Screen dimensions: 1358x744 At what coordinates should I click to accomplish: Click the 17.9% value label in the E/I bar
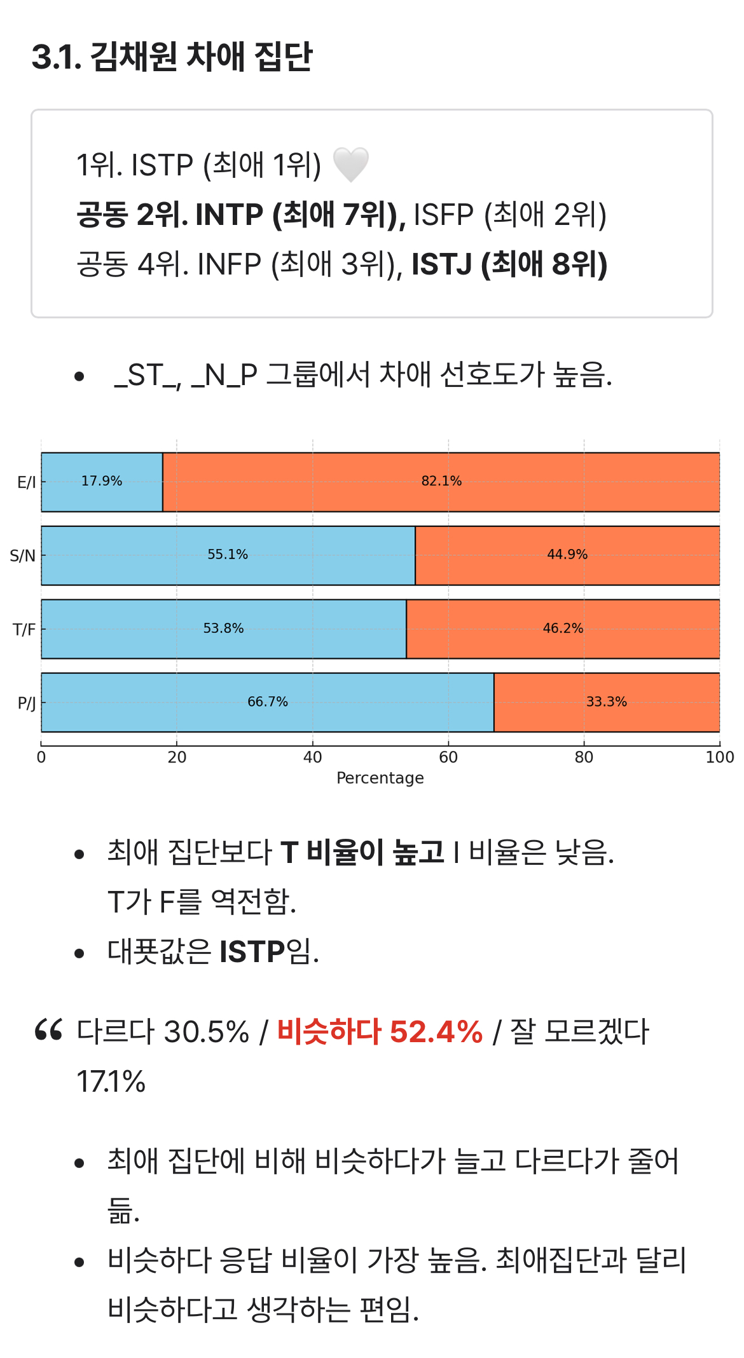tap(102, 481)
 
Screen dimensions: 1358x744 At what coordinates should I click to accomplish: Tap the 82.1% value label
tap(441, 481)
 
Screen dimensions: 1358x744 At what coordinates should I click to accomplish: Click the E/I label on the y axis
tap(27, 482)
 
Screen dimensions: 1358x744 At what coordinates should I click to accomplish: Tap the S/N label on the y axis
tap(23, 556)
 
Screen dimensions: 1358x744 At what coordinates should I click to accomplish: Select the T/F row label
tap(24, 630)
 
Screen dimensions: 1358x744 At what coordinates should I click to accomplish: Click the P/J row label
tap(27, 703)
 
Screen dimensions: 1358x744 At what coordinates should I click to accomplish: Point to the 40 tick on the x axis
tap(312, 757)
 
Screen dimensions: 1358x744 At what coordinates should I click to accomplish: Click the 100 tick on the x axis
tap(719, 757)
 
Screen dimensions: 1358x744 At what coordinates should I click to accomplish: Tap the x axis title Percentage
tap(380, 778)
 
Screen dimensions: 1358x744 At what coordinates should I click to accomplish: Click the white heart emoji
tap(351, 165)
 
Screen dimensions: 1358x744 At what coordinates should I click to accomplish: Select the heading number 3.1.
tap(56, 57)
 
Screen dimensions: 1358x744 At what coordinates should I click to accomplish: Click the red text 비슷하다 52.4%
tap(380, 1031)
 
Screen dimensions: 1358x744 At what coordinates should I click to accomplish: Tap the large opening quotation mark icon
tap(48, 1029)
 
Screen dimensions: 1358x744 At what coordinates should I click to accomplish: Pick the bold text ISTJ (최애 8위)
tap(509, 264)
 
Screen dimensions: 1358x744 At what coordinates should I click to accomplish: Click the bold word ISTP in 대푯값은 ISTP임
tap(252, 952)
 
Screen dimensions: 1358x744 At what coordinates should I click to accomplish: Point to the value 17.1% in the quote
tap(111, 1081)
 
